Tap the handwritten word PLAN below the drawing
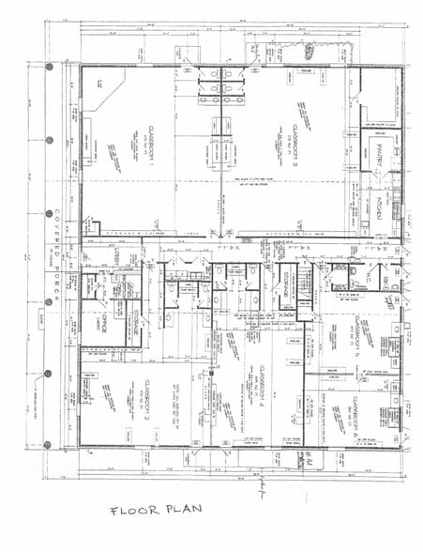click(177, 512)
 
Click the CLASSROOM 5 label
click(357, 339)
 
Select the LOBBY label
click(116, 256)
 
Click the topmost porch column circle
click(49, 67)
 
